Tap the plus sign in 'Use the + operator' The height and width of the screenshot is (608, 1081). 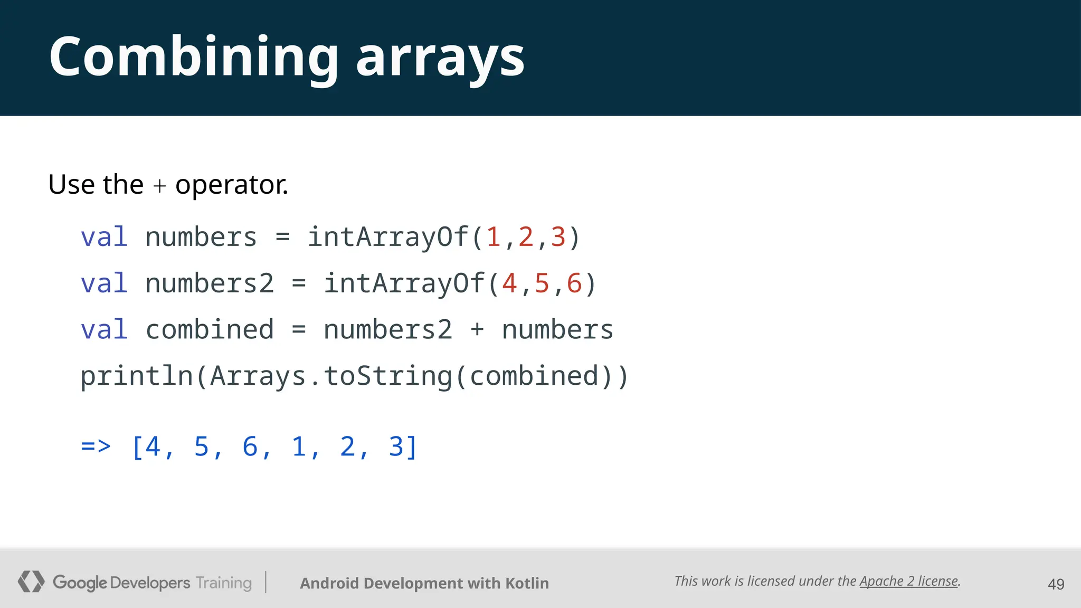click(x=159, y=186)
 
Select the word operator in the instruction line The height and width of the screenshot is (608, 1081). click(x=231, y=185)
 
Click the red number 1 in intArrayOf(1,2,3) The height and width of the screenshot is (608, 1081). click(x=494, y=237)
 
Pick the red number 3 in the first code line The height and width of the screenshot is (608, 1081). click(x=558, y=237)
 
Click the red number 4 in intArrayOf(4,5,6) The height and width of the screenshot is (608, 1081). click(x=509, y=283)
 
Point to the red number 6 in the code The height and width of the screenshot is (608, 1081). click(x=574, y=283)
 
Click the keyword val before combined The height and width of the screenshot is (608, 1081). click(x=104, y=330)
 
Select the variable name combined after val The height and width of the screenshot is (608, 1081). click(x=210, y=330)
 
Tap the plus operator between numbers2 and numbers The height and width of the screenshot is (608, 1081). click(x=477, y=330)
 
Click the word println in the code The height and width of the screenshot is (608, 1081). click(x=137, y=376)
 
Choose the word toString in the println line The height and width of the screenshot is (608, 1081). click(x=388, y=376)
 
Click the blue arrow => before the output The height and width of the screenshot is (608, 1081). click(x=96, y=446)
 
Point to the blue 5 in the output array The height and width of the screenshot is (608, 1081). click(x=202, y=446)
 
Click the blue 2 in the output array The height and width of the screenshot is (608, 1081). click(x=347, y=446)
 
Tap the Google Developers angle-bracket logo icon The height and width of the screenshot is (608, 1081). click(x=31, y=582)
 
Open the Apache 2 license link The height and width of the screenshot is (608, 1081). click(x=908, y=581)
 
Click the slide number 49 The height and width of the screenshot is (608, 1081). click(x=1056, y=584)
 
